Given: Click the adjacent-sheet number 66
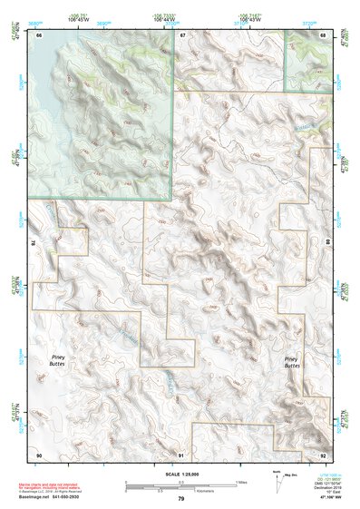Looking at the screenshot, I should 39,34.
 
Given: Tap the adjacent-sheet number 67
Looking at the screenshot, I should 181,34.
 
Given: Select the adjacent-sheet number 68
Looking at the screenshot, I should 324,34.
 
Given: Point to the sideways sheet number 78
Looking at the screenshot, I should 34,244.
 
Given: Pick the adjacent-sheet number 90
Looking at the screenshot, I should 39,454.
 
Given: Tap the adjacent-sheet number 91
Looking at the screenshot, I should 181,454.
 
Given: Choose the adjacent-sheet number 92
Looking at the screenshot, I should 324,454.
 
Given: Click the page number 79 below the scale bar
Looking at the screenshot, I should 181,499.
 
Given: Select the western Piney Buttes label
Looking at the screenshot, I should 63,360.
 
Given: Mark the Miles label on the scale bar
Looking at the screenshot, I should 240,481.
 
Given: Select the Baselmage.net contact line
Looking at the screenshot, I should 68,497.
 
